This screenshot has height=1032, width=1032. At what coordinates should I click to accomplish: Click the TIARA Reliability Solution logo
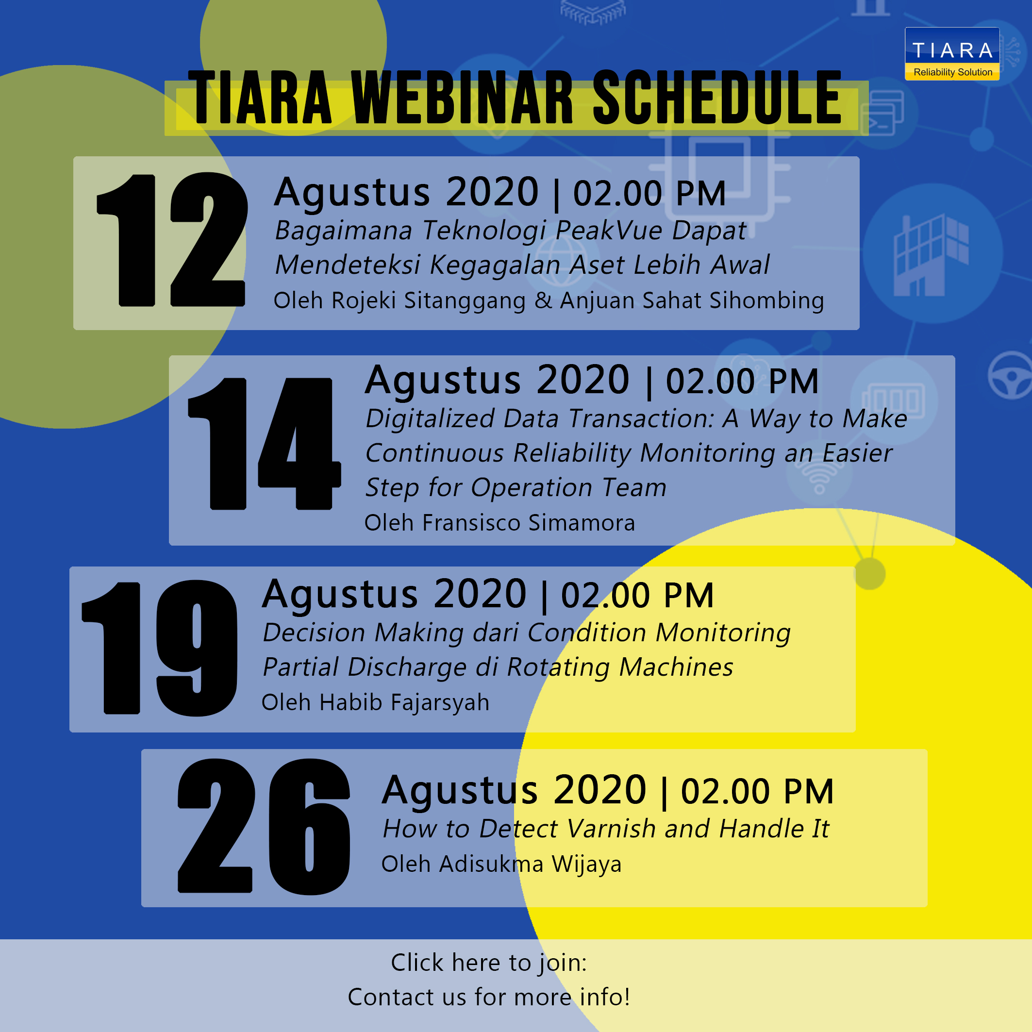(x=952, y=54)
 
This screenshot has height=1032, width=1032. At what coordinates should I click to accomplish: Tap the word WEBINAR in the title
(x=462, y=98)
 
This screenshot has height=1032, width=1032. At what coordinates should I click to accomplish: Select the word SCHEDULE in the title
(x=717, y=98)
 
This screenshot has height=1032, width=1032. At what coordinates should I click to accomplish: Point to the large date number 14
(x=265, y=443)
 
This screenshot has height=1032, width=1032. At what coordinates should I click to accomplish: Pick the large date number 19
(x=160, y=648)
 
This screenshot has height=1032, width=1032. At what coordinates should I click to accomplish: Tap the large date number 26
(x=264, y=826)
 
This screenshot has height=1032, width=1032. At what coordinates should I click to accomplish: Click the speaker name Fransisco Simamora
(x=529, y=522)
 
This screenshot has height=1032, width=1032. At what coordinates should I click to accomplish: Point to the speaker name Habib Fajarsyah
(x=404, y=702)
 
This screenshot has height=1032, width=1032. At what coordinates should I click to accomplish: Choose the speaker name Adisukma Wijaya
(x=531, y=864)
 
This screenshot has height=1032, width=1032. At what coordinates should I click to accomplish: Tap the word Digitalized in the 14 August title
(x=430, y=419)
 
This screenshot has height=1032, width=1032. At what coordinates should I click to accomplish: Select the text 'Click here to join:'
(x=489, y=963)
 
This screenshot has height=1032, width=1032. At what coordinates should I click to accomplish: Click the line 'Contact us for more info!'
(x=489, y=997)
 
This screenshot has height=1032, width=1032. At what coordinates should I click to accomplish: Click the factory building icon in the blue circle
(x=931, y=255)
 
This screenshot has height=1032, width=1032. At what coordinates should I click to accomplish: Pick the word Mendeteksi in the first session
(x=348, y=265)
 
